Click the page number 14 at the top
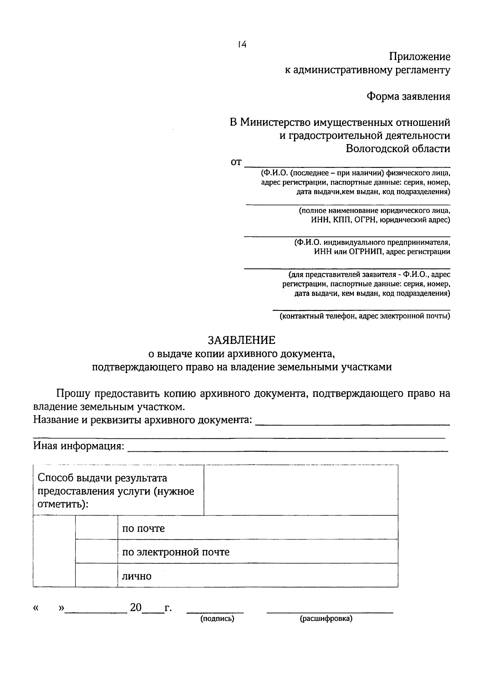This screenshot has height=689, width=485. tap(242, 44)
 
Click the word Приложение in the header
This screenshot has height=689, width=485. tap(420, 57)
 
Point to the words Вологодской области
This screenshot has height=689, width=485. tap(398, 149)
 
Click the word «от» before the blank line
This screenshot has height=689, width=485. tap(236, 162)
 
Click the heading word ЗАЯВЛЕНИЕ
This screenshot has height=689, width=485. tap(242, 340)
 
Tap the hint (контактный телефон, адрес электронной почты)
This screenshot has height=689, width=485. tap(365, 316)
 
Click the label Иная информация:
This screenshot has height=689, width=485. tap(78, 446)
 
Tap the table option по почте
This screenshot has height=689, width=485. tap(143, 528)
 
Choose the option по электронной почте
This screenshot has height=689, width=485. tap(176, 552)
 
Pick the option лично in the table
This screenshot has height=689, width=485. tap(137, 576)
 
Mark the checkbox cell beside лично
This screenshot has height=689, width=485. tap(96, 575)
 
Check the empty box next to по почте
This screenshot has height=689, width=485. tap(96, 528)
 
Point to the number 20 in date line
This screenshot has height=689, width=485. tap(136, 607)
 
